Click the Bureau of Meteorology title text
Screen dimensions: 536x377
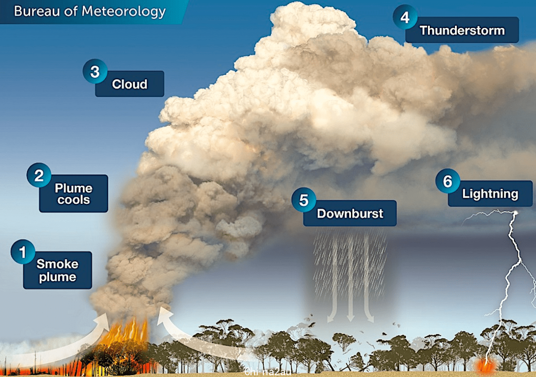coord(90,12)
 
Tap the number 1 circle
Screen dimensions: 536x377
coord(23,252)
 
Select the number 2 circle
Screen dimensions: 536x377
coord(39,175)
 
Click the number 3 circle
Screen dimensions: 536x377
coord(95,71)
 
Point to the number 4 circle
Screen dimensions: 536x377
coord(405,17)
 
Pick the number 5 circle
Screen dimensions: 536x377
coord(304,200)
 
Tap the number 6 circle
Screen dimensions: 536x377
coord(448,181)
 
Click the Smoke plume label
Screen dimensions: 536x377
coord(58,270)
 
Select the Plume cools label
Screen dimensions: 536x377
coord(73,194)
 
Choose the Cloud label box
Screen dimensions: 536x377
coord(129,84)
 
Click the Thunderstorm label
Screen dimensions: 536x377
coord(462,30)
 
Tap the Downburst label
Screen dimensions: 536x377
coord(350,213)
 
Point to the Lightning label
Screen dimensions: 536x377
coord(490,194)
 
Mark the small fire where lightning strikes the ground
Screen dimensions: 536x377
coord(486,366)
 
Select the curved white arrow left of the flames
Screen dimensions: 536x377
coord(72,345)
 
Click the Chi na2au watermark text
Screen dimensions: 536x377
coord(268,372)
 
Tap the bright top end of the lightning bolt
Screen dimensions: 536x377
coord(515,213)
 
